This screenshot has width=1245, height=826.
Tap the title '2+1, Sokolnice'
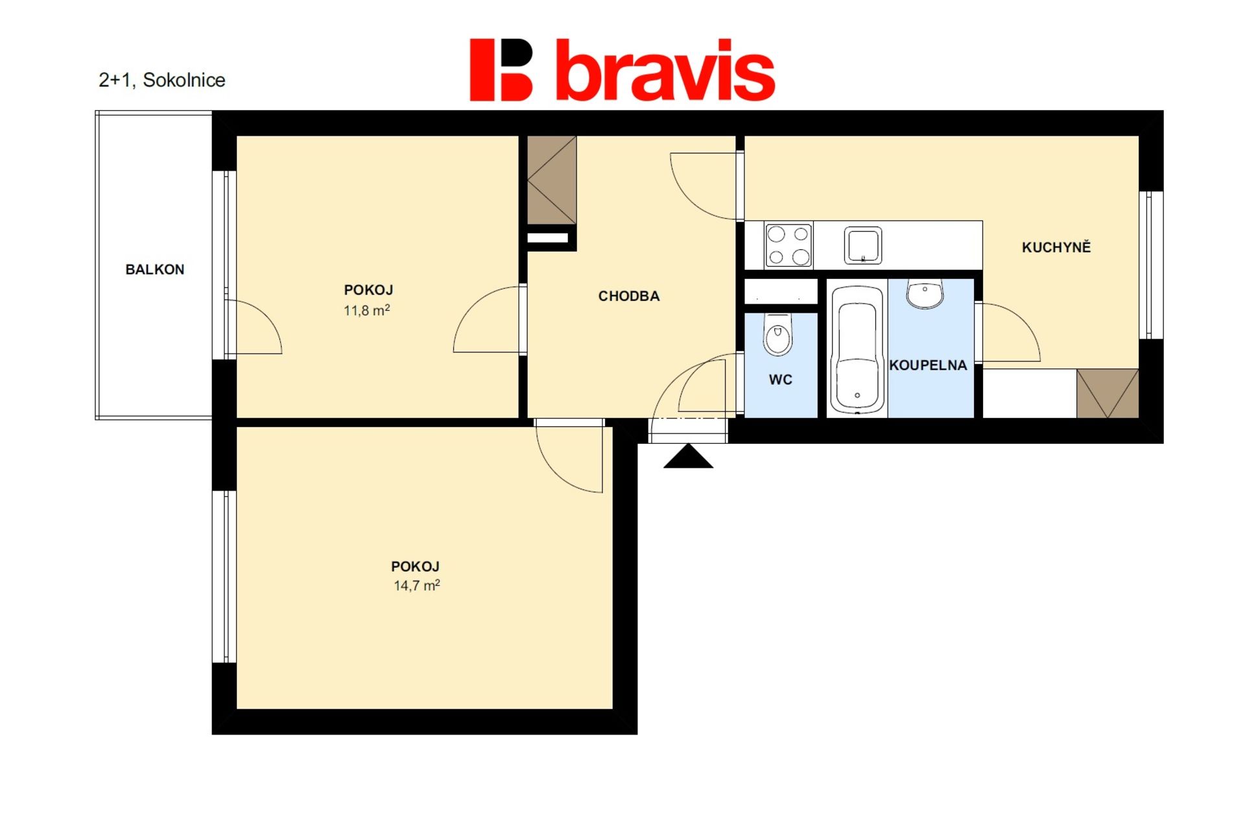click(162, 80)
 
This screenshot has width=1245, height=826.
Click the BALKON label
click(155, 269)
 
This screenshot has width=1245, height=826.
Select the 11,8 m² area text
click(367, 310)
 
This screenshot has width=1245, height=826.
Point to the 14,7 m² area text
click(417, 585)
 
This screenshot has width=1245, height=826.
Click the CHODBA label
click(629, 296)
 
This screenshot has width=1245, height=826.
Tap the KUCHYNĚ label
click(1056, 247)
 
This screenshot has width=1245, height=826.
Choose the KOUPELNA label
click(928, 365)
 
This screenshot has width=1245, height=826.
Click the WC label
click(781, 380)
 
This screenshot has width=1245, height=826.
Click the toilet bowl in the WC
click(778, 335)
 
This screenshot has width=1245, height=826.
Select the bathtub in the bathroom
click(857, 350)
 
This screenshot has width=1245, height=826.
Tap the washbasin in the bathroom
click(925, 294)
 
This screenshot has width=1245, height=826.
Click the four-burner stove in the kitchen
click(788, 245)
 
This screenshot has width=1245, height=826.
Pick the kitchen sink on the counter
click(863, 245)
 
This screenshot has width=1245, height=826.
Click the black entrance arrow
click(688, 456)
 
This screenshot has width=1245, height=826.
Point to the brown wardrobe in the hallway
click(552, 180)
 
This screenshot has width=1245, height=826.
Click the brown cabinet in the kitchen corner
click(1108, 393)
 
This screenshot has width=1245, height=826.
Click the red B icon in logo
click(501, 70)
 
